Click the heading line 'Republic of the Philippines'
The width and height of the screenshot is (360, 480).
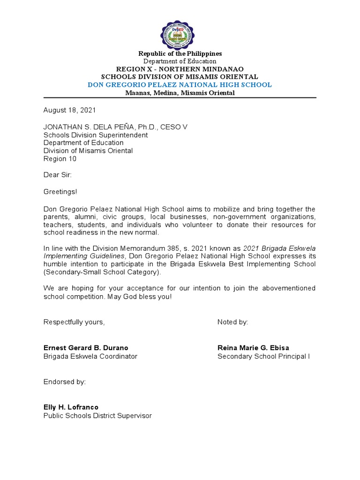point(180,54)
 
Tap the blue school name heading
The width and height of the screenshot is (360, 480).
point(180,85)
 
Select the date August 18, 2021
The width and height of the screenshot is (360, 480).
point(69,111)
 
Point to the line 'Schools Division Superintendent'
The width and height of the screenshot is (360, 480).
point(96,135)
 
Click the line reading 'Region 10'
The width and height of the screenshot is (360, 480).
point(60,159)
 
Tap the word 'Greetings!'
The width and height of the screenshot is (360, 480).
point(60,192)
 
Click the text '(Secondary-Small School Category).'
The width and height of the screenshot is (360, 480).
point(102,272)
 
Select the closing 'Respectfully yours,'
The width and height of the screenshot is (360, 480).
point(74,322)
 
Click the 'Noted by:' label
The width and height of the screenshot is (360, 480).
point(233,322)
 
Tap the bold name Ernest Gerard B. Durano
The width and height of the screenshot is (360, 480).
point(86,348)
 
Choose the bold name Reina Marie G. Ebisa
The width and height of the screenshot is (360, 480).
point(253,348)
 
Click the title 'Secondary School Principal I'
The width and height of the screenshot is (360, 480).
point(263,356)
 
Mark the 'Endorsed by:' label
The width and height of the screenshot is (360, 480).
point(65,382)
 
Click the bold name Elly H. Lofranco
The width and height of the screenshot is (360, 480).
point(71,407)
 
